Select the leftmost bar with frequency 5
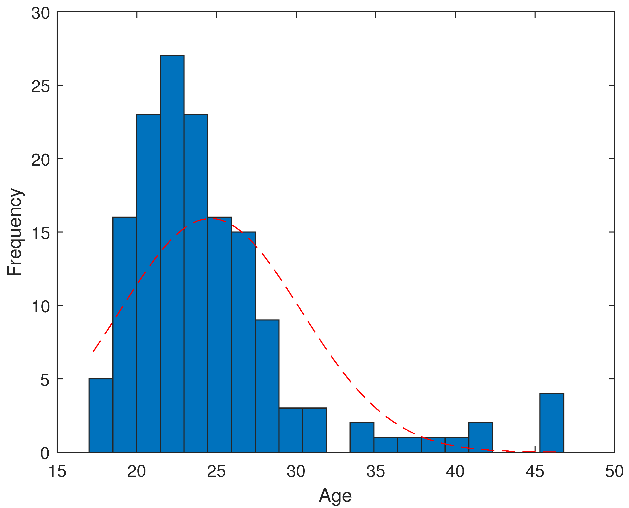point(101,415)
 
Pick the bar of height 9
point(267,386)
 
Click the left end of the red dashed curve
point(93,351)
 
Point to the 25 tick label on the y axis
point(40,86)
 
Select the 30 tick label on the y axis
point(40,13)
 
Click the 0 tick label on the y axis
point(45,453)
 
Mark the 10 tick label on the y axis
point(40,306)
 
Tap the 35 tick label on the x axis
point(375,471)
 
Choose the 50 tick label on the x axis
point(614,471)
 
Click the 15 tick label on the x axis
point(57,471)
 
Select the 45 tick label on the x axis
point(535,471)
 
